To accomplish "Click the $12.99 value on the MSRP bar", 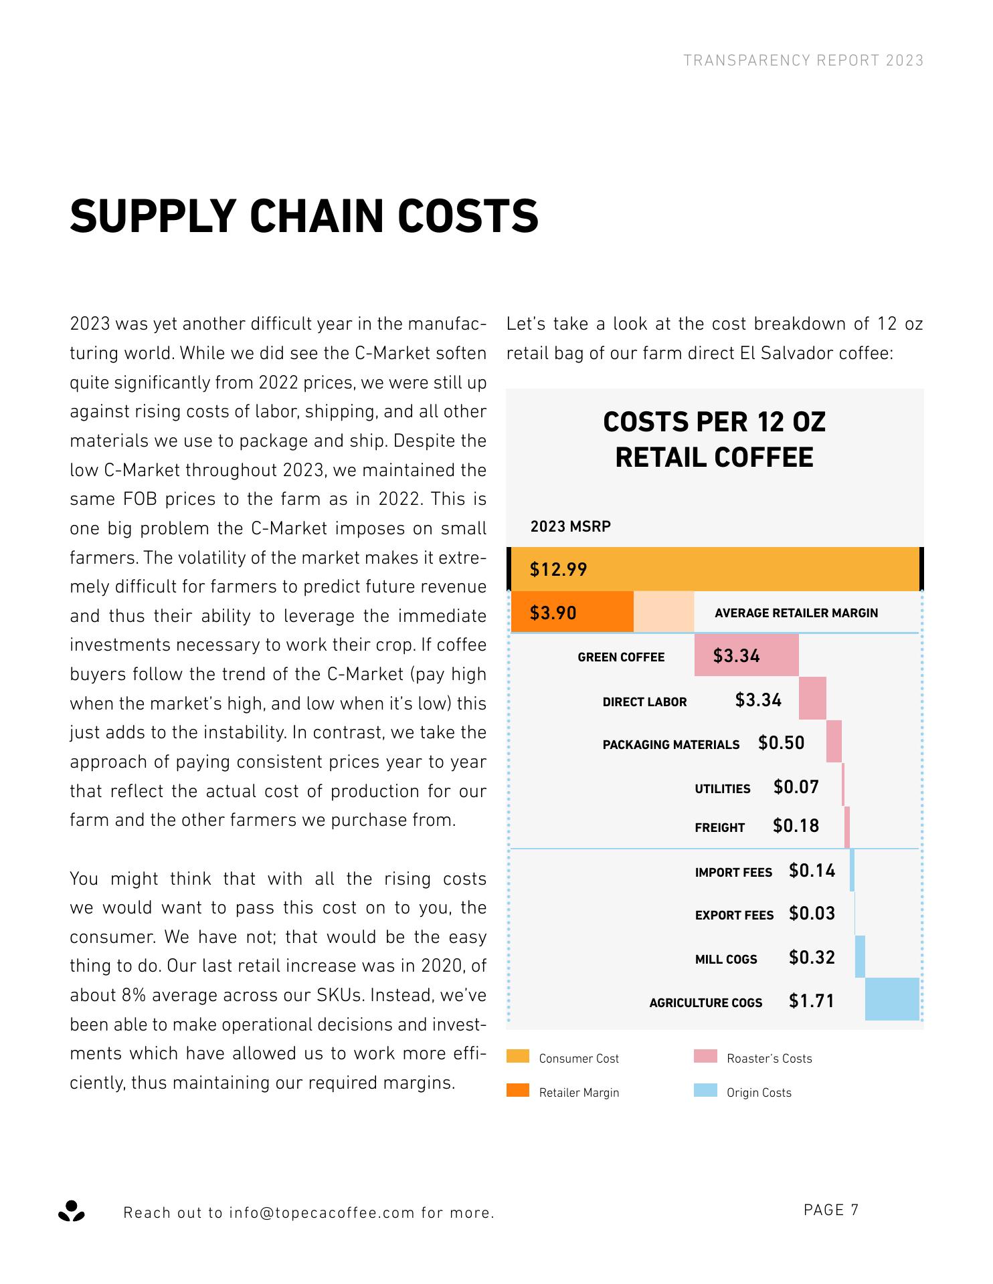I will [x=558, y=570].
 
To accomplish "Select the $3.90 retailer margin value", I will [x=553, y=613].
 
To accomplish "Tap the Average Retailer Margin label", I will [x=796, y=613].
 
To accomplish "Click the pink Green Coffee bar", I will [x=746, y=655].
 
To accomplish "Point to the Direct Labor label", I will [x=644, y=702].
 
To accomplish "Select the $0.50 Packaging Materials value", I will [x=781, y=744].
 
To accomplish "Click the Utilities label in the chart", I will [x=722, y=789].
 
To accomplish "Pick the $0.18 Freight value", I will [x=796, y=827].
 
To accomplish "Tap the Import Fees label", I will [x=733, y=873].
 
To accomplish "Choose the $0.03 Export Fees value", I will [x=812, y=914].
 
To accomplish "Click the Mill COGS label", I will [x=726, y=960].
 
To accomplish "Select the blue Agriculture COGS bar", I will [x=892, y=999].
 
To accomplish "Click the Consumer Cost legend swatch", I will [x=518, y=1057].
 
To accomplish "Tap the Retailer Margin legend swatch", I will [x=518, y=1091].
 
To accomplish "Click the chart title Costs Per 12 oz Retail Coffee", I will [x=714, y=440].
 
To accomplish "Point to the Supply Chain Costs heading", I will [x=304, y=216].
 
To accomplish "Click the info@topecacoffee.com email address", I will [x=322, y=1213].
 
